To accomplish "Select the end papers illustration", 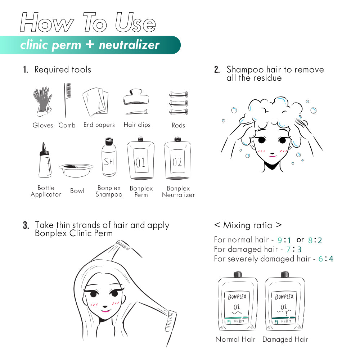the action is (95, 102).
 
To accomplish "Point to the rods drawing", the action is (179, 103).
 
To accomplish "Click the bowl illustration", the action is (76, 170).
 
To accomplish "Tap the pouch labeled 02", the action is (177, 158).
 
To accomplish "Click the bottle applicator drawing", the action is (45, 160).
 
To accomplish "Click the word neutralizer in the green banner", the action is (129, 45).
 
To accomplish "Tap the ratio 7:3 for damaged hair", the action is (294, 249).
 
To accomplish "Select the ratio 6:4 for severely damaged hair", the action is (326, 259).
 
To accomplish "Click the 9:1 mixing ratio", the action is (284, 240).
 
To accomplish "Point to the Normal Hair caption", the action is (235, 339).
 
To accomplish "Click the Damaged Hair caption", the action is (285, 339).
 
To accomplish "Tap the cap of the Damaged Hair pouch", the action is (285, 274).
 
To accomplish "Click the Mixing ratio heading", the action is (248, 225).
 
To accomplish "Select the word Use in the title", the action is (135, 22).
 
